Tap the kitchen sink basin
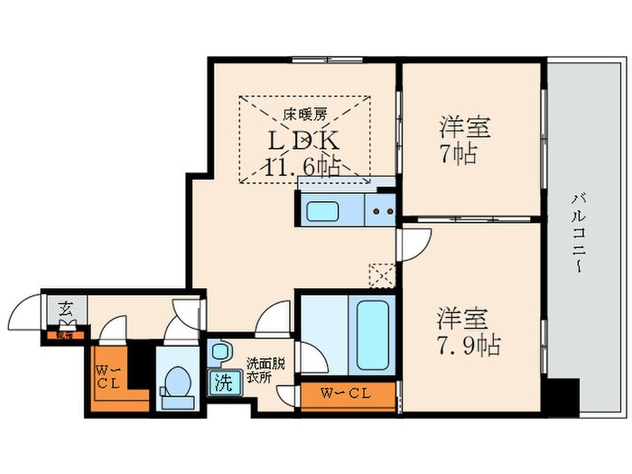coord(321,211)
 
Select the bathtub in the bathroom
coord(372,334)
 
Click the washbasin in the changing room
coord(218,349)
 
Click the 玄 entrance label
coord(66,309)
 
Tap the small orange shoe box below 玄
coord(64,335)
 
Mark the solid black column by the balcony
coord(565,395)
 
